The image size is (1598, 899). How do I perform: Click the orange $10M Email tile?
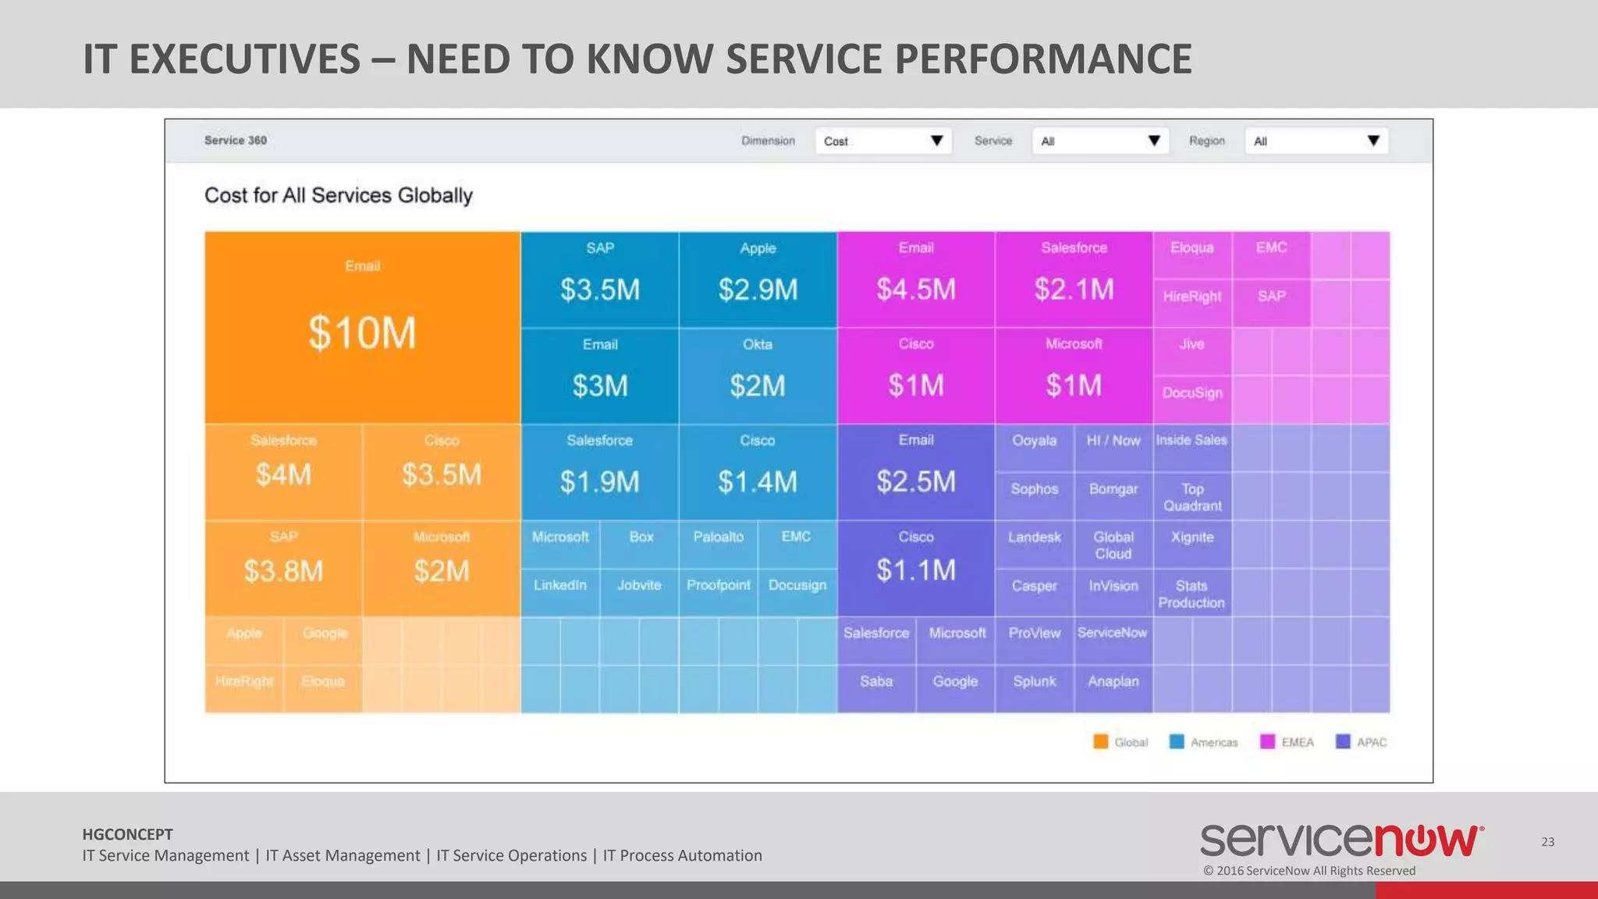coord(362,328)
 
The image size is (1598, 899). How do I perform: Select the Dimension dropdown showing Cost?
coord(882,141)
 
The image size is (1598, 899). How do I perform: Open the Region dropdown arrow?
coord(1373,141)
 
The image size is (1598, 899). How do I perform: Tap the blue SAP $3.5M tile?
coord(599,279)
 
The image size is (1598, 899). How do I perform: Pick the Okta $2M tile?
coord(757,376)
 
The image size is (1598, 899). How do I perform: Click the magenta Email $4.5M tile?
coord(915,279)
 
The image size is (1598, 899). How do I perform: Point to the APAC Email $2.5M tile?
coord(915,472)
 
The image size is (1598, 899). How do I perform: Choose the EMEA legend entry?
coord(1287,742)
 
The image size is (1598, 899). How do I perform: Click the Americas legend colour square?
coord(1177,742)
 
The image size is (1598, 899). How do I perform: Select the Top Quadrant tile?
coord(1192,497)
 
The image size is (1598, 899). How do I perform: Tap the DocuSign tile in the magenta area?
coord(1192,393)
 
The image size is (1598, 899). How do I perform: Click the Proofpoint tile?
coord(718,585)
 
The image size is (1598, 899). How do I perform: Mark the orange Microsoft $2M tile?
coord(441,568)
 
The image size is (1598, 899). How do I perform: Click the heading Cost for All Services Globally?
coord(339,195)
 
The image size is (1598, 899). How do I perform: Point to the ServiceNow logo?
coord(1342,840)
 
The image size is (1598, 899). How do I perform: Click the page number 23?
coord(1547,842)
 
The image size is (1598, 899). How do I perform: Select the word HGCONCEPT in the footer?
coord(127,834)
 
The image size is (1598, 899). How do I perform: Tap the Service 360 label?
coord(236,140)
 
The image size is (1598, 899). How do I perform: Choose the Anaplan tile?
coord(1113,681)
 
